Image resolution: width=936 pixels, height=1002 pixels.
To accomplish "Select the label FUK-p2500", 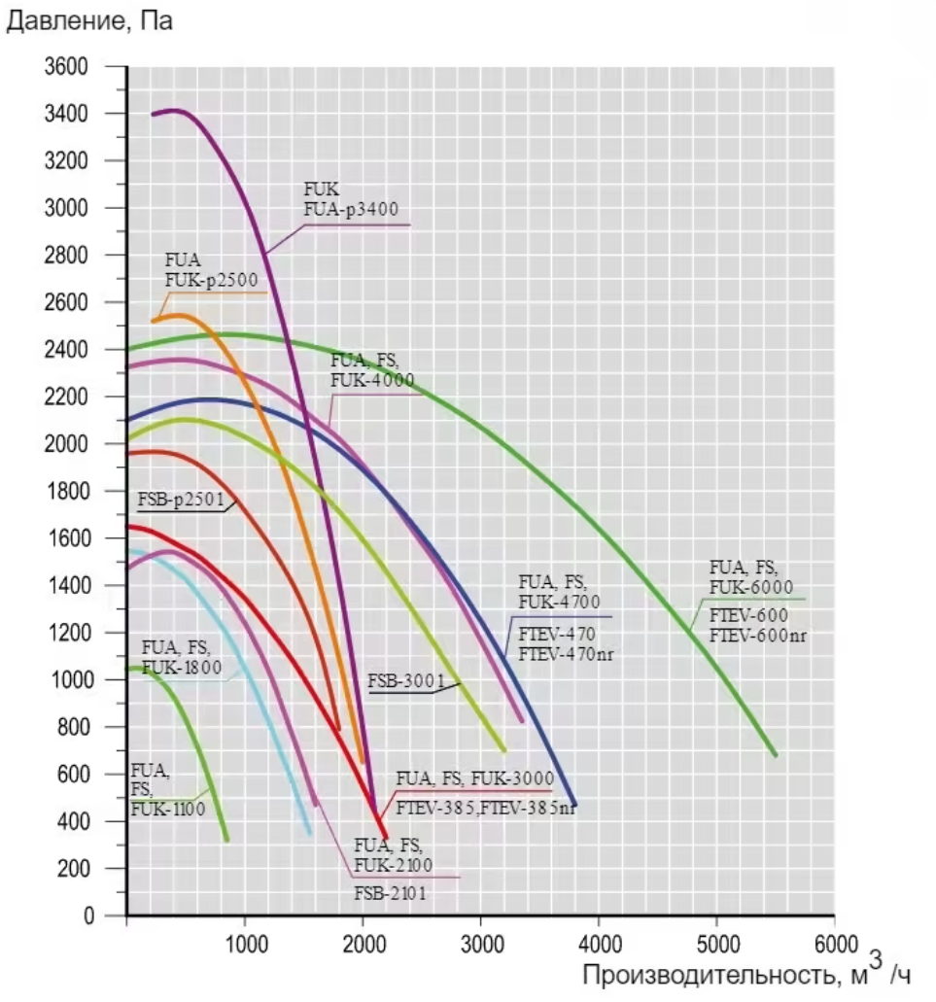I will (211, 281).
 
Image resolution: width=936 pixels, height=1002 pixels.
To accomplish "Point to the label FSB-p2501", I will (181, 501).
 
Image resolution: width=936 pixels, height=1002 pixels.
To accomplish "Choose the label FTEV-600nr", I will (758, 636).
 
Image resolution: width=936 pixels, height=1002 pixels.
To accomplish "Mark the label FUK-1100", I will (167, 807).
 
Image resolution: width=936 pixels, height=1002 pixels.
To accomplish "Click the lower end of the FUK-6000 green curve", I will (775, 754).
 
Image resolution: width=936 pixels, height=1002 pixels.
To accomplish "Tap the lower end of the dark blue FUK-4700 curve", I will (575, 806).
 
